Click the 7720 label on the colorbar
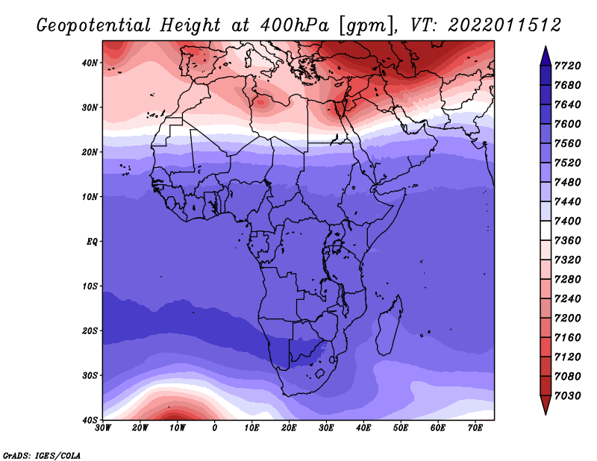[x=574, y=65]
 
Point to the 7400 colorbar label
[x=574, y=221]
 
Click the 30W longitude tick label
[x=103, y=427]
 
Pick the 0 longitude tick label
[x=215, y=427]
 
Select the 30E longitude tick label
[x=326, y=427]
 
